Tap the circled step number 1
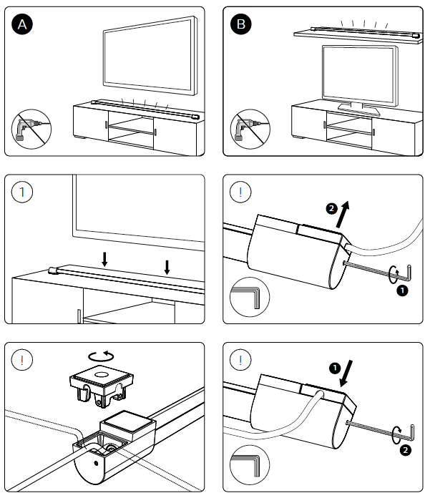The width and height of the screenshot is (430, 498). pyautogui.click(x=24, y=192)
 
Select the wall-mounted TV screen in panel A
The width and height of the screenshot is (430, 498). pyautogui.click(x=150, y=59)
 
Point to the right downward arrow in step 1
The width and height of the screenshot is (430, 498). pyautogui.click(x=167, y=266)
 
